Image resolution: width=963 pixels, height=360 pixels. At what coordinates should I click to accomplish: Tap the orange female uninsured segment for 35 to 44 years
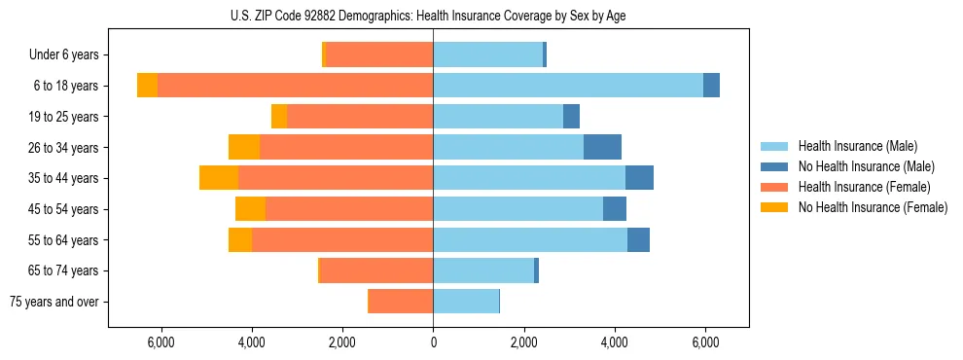coord(219,178)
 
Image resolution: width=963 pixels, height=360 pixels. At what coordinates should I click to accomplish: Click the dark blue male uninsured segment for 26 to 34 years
coord(602,147)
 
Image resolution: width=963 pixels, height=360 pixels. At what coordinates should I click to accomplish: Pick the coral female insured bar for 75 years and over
coord(401,302)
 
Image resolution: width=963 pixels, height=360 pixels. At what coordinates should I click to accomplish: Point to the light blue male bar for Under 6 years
coord(487,54)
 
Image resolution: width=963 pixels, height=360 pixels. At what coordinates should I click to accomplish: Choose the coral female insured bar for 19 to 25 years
coord(360,117)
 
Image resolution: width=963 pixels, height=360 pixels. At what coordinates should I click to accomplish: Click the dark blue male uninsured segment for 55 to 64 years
coord(638,239)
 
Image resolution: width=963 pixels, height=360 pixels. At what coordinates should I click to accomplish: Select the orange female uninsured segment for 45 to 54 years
coord(250,209)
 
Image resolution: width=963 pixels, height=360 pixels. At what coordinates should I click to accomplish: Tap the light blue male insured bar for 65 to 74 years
coord(483,270)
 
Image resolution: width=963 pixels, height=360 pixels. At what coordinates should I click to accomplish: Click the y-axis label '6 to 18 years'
coord(66,86)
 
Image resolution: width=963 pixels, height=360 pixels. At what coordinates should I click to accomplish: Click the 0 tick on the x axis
coord(433,342)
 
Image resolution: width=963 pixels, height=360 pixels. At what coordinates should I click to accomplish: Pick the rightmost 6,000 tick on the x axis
coord(705,342)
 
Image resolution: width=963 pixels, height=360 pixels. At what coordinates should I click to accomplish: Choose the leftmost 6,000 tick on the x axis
coord(160,342)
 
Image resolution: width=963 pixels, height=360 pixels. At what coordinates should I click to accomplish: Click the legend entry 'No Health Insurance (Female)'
coord(872,207)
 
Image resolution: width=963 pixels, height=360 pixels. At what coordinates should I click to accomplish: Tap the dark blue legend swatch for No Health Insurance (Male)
coord(774,166)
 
